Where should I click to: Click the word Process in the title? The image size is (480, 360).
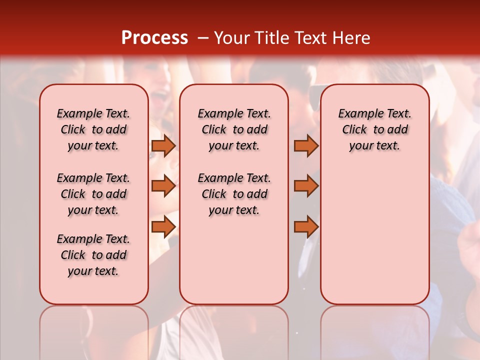pyautogui.click(x=154, y=38)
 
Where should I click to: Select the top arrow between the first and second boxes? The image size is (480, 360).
pyautogui.click(x=163, y=145)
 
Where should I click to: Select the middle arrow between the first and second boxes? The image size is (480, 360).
pyautogui.click(x=163, y=186)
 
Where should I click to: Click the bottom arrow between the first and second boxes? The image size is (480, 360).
pyautogui.click(x=163, y=227)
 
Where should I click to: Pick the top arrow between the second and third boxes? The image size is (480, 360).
pyautogui.click(x=306, y=145)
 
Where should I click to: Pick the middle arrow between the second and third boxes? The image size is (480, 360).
pyautogui.click(x=306, y=186)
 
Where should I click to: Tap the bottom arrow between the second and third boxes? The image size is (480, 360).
pyautogui.click(x=306, y=227)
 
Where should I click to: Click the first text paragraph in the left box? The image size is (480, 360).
pyautogui.click(x=93, y=129)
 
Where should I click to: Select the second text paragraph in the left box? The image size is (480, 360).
pyautogui.click(x=93, y=194)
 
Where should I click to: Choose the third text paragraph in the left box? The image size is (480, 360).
pyautogui.click(x=93, y=255)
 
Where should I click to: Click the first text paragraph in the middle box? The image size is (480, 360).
pyautogui.click(x=234, y=129)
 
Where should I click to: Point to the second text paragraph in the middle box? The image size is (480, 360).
pyautogui.click(x=234, y=194)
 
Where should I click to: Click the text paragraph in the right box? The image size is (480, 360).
pyautogui.click(x=375, y=129)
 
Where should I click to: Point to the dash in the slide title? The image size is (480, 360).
pyautogui.click(x=202, y=38)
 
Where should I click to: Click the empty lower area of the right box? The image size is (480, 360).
pyautogui.click(x=375, y=235)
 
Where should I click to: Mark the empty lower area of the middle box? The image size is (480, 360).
pyautogui.click(x=234, y=260)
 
